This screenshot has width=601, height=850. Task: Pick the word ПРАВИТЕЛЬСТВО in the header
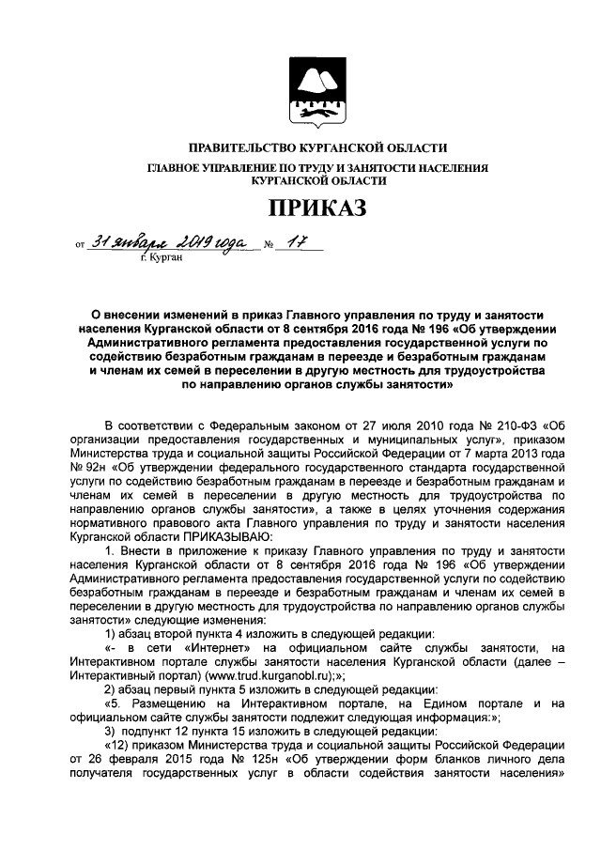(237, 148)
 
